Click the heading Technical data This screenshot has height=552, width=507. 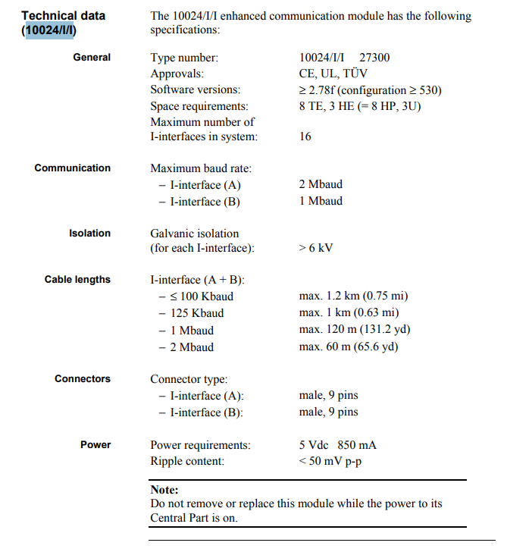coord(64,15)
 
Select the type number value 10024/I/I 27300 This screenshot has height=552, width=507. coord(344,58)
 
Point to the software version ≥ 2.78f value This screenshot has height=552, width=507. coord(371,89)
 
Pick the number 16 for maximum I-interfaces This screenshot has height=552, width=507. coord(305,137)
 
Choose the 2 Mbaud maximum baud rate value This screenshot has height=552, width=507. coord(321,184)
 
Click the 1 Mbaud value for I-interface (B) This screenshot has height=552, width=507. coord(321,201)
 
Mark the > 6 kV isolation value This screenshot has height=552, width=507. coord(316,248)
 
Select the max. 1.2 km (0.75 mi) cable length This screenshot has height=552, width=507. coord(353,296)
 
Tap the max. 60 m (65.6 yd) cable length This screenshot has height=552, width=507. coord(349,347)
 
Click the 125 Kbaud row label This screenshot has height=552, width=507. coord(196,312)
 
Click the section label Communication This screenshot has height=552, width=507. coord(73,168)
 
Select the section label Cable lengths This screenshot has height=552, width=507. coord(77,280)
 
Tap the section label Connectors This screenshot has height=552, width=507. coord(83,379)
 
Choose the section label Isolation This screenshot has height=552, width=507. coord(89,234)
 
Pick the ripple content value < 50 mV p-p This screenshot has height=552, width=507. coord(330,461)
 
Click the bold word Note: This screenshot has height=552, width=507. coord(164,491)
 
